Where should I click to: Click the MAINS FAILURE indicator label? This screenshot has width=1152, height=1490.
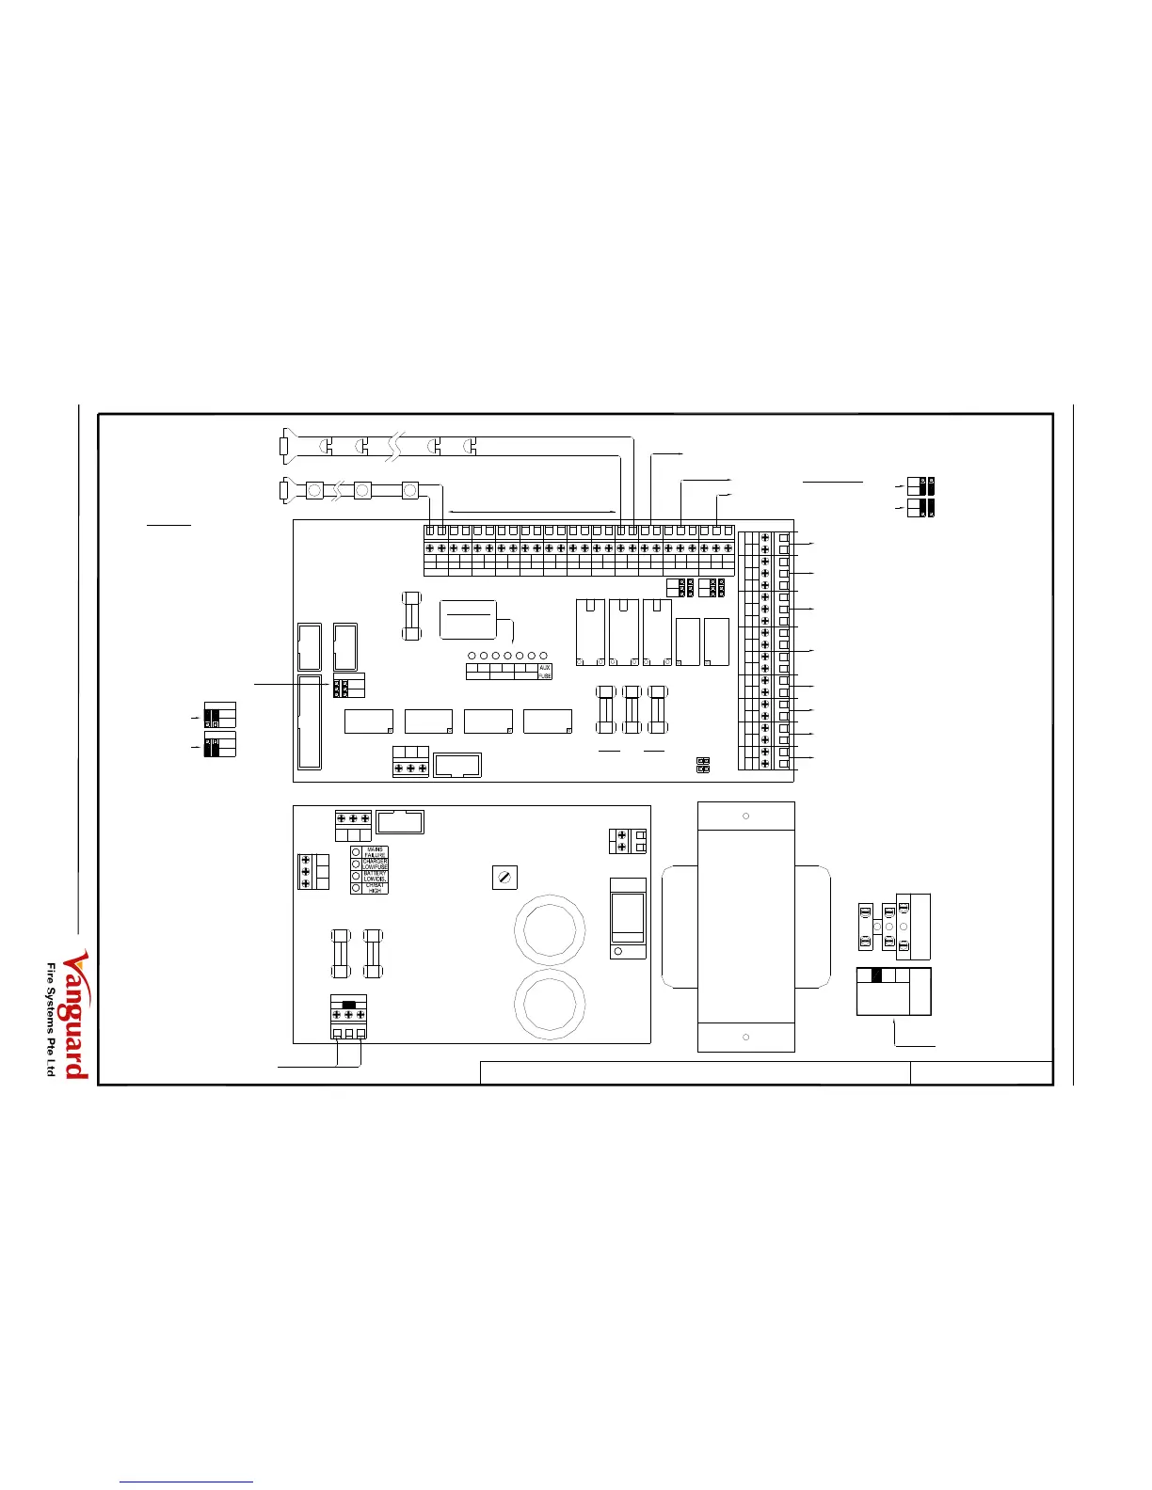pyautogui.click(x=375, y=851)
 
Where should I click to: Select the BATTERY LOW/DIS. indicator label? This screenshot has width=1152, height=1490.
pyautogui.click(x=375, y=876)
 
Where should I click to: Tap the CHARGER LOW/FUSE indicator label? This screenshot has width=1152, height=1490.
pyautogui.click(x=375, y=864)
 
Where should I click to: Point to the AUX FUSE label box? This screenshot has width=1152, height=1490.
pyautogui.click(x=545, y=671)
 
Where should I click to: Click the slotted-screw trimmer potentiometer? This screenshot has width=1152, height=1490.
pyautogui.click(x=505, y=878)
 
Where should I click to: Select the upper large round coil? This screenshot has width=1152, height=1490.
pyautogui.click(x=551, y=929)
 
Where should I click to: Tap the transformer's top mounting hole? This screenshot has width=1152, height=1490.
pyautogui.click(x=745, y=816)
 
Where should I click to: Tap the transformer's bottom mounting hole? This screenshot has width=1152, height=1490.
pyautogui.click(x=745, y=1037)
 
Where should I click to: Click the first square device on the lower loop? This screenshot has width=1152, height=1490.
pyautogui.click(x=314, y=490)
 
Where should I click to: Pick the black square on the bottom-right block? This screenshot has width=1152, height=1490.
pyautogui.click(x=876, y=975)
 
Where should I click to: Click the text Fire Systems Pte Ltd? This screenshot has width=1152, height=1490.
pyautogui.click(x=53, y=1021)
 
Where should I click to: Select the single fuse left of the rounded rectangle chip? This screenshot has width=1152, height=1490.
pyautogui.click(x=410, y=617)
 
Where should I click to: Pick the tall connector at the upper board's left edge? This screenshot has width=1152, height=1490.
pyautogui.click(x=309, y=721)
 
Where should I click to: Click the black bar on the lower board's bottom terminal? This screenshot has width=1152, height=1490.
pyautogui.click(x=348, y=1005)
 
